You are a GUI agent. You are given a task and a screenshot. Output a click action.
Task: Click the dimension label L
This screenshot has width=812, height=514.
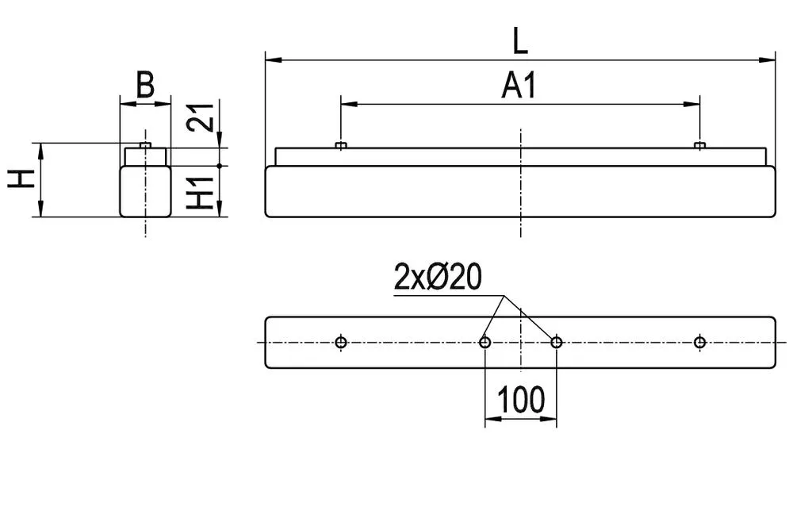pyautogui.click(x=520, y=41)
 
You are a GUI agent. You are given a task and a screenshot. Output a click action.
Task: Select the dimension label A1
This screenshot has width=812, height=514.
pyautogui.click(x=519, y=86)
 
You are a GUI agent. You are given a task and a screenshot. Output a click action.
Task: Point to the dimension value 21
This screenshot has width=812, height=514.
pyautogui.click(x=201, y=117)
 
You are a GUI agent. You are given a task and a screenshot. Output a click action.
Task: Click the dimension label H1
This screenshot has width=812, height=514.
pyautogui.click(x=201, y=193)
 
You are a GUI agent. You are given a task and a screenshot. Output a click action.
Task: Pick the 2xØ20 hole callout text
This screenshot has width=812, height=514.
pyautogui.click(x=438, y=277)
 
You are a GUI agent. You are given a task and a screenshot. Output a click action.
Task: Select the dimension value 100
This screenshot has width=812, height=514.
pyautogui.click(x=521, y=400)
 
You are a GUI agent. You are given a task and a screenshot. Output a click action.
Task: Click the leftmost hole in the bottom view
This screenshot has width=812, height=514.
pyautogui.click(x=341, y=342)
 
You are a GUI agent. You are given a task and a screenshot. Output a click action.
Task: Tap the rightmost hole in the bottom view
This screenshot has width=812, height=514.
pyautogui.click(x=699, y=342)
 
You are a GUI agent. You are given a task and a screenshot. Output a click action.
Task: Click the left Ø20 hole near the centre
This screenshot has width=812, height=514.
pyautogui.click(x=485, y=342)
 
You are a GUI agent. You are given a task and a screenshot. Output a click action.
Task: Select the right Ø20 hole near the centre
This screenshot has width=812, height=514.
pyautogui.click(x=556, y=342)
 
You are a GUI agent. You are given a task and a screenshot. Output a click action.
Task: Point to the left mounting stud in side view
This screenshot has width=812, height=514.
pyautogui.click(x=340, y=145)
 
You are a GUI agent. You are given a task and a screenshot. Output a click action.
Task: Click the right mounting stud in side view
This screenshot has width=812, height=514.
pyautogui.click(x=699, y=145)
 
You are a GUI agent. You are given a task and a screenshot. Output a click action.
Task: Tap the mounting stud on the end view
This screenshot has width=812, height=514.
pyautogui.click(x=146, y=145)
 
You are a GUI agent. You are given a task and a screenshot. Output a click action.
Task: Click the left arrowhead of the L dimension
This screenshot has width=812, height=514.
pyautogui.click(x=274, y=59)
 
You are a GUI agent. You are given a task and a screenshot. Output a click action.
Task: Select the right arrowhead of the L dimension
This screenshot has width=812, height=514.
pyautogui.click(x=768, y=59)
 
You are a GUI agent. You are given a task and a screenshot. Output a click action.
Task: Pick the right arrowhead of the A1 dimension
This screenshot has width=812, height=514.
pyautogui.click(x=691, y=104)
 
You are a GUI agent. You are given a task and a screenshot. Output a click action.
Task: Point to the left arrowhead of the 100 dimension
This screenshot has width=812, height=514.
pyautogui.click(x=493, y=417)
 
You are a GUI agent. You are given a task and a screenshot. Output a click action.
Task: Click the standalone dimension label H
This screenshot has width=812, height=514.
pyautogui.click(x=21, y=178)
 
